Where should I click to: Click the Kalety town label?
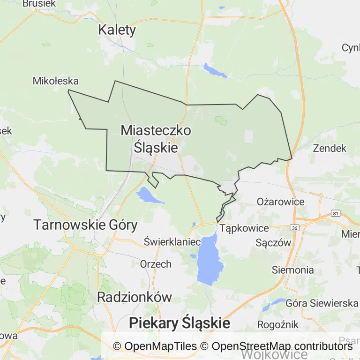click(x=117, y=30)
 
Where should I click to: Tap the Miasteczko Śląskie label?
click(x=156, y=139)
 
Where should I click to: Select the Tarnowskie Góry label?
click(x=85, y=225)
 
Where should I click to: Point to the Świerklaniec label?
click(x=172, y=242)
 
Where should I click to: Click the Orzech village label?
click(x=156, y=264)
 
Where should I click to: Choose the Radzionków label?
click(x=135, y=297)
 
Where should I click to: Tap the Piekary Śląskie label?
click(x=180, y=323)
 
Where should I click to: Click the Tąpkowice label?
click(x=244, y=228)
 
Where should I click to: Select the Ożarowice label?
click(x=281, y=202)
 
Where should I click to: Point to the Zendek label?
click(x=329, y=149)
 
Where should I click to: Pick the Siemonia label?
click(x=293, y=270)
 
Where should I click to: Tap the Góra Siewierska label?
click(x=322, y=303)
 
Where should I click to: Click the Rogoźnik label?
click(x=278, y=324)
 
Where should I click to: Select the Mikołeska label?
click(x=55, y=81)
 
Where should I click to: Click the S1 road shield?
click(x=335, y=213)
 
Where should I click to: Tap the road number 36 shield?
click(x=294, y=228)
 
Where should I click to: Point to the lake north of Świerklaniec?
click(x=148, y=195)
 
